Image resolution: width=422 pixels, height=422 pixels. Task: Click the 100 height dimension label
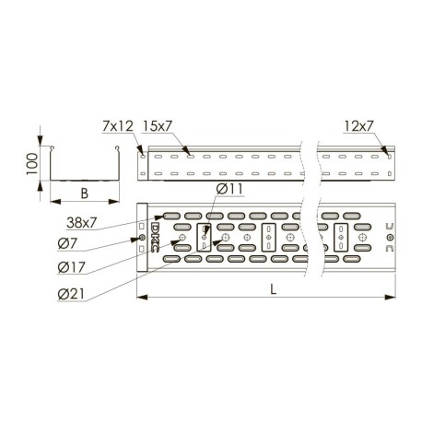tap(32, 164)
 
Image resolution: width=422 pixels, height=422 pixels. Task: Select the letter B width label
tap(85, 193)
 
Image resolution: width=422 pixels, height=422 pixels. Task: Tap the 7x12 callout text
tap(118, 126)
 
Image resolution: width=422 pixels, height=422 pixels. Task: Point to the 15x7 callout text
tap(158, 126)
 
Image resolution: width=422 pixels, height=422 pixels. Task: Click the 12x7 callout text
tap(358, 126)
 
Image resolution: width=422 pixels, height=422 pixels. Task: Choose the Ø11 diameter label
tap(229, 189)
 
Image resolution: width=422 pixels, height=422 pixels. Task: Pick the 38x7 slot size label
tap(82, 223)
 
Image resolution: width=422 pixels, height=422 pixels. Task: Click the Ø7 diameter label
tap(67, 244)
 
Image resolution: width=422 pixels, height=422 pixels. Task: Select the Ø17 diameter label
tap(71, 267)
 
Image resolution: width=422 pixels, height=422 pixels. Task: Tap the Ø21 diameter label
tap(71, 294)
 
